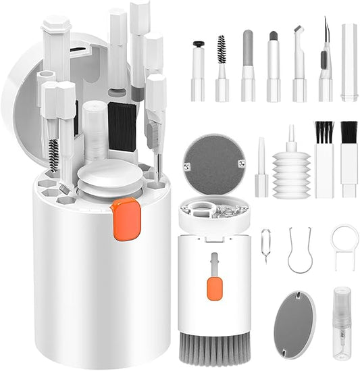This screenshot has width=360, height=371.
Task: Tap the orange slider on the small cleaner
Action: coord(215,289)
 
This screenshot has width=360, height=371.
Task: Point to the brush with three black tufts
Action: coord(324,159)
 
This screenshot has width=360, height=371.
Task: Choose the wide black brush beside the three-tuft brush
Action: coord(349,159)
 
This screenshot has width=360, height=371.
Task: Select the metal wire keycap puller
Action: coord(300,250)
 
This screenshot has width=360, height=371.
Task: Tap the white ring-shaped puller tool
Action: coord(344,246)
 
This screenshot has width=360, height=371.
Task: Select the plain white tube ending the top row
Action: coord(349,62)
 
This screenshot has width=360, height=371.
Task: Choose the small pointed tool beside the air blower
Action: coord(261,169)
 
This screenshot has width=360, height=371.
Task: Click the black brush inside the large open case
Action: coord(122,125)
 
